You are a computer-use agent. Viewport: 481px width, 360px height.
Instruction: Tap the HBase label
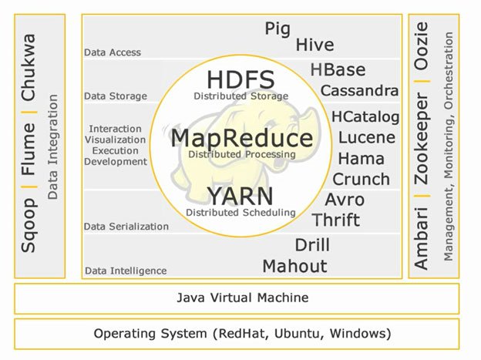pyautogui.click(x=338, y=70)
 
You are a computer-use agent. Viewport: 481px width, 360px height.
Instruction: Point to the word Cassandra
pyautogui.click(x=360, y=91)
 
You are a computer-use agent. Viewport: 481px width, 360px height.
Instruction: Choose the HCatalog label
pyautogui.click(x=365, y=117)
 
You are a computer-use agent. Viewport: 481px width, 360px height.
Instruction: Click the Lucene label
pyautogui.click(x=367, y=138)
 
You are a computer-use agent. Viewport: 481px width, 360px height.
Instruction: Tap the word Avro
pyautogui.click(x=345, y=200)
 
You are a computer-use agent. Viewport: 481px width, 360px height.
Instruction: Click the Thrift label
pyautogui.click(x=336, y=220)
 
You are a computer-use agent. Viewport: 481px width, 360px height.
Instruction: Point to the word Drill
pyautogui.click(x=312, y=246)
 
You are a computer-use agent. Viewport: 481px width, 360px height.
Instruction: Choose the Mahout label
pyautogui.click(x=294, y=267)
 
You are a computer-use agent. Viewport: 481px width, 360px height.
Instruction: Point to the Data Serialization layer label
pyautogui.click(x=126, y=227)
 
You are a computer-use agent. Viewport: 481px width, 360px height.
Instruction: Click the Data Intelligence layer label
pyautogui.click(x=126, y=271)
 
